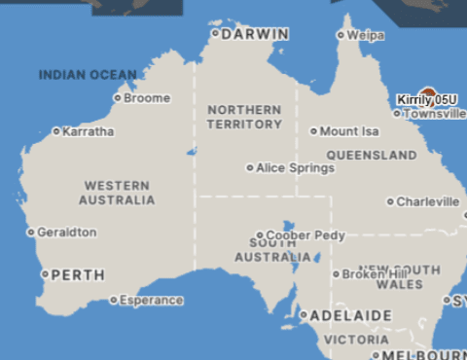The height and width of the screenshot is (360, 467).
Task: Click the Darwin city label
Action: point(255,34)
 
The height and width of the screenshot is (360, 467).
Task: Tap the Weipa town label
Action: point(365,35)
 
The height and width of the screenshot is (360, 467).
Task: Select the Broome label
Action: point(147,98)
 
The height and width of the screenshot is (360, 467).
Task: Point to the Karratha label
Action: point(88,131)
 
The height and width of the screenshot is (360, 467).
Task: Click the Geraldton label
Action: point(66,233)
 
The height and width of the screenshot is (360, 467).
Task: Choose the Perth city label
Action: point(77,275)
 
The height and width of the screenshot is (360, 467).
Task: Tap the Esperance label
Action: point(151,301)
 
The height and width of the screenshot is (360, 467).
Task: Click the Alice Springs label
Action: point(295,168)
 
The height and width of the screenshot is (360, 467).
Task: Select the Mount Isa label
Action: point(348,131)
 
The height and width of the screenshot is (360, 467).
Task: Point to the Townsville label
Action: point(435,114)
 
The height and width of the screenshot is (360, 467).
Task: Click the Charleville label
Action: point(428,202)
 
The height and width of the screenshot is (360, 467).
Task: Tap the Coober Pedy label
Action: point(305,235)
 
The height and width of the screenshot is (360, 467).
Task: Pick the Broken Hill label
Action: point(369,274)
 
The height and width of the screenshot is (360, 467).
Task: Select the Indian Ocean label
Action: point(88,75)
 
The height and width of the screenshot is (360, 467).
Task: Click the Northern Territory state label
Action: point(245,118)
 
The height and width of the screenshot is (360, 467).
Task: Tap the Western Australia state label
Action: point(117,193)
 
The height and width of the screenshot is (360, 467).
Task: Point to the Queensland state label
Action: point(372,156)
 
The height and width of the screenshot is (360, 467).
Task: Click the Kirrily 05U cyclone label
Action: point(427,100)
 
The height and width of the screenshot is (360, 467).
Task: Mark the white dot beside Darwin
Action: point(215,33)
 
